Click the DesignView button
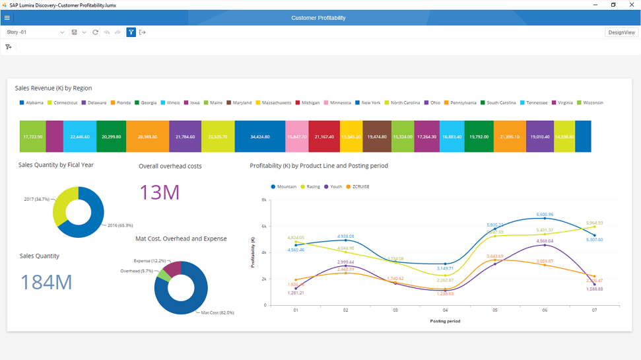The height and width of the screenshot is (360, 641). (x=621, y=32)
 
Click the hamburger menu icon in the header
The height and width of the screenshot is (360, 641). (x=7, y=18)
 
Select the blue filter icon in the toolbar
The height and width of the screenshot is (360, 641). (x=131, y=32)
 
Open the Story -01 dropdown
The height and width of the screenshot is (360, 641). (x=62, y=32)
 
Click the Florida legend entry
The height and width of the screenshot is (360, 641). (x=120, y=103)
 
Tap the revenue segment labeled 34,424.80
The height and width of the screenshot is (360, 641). (x=260, y=137)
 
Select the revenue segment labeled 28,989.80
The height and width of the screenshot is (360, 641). (x=147, y=137)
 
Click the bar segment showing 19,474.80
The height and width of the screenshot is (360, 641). (x=376, y=137)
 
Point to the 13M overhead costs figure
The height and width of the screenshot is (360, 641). (x=159, y=192)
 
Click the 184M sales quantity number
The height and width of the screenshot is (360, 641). (x=46, y=282)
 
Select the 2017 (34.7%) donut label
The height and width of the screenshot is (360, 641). (x=37, y=199)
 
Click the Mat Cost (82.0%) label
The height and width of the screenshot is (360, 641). (x=217, y=312)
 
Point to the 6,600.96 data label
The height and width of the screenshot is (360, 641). (x=545, y=214)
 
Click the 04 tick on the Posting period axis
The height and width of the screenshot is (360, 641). (x=445, y=310)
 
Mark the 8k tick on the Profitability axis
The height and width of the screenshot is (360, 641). (x=263, y=199)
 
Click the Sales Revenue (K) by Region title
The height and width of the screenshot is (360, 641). (x=53, y=88)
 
